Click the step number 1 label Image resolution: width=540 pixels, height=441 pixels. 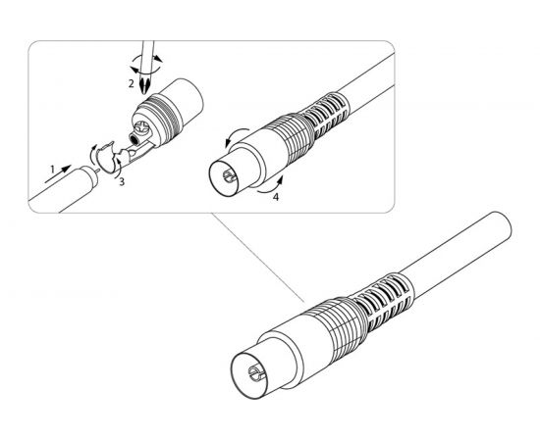coord(53,170)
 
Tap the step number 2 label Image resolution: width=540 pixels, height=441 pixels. coord(131,83)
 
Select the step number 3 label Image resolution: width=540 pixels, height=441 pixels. coord(122,182)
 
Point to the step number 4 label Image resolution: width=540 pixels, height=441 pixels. coord(276,197)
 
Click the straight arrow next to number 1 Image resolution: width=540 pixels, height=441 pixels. coord(58,173)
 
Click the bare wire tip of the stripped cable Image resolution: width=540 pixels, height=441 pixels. coord(98,170)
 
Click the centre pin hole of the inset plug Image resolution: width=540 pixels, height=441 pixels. coord(228,176)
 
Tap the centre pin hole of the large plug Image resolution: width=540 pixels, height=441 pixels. coord(256,373)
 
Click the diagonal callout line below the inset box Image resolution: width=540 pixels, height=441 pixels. coord(257,258)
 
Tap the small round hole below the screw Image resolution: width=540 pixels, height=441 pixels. coord(134,139)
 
